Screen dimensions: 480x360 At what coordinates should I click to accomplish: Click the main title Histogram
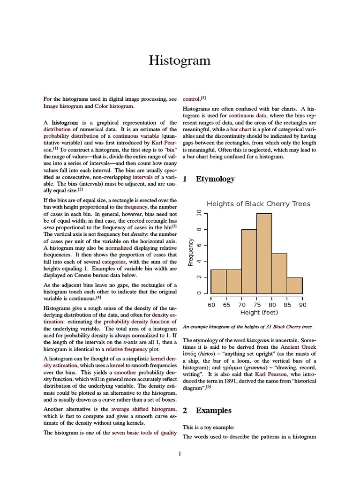(x=180, y=61)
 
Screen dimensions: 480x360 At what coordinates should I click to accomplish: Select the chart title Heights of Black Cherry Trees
(x=258, y=204)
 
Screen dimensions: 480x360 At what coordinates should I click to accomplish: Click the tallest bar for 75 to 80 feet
(x=264, y=253)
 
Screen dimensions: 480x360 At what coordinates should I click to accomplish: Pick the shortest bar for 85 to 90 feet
(x=294, y=285)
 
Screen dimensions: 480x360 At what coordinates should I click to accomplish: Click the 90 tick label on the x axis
(x=302, y=304)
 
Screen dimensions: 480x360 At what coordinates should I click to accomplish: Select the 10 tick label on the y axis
(x=199, y=214)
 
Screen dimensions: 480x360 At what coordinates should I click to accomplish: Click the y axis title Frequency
(x=191, y=253)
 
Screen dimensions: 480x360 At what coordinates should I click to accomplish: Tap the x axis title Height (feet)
(x=259, y=313)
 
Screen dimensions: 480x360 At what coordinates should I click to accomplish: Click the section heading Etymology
(x=215, y=179)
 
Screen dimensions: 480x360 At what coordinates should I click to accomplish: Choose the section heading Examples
(x=213, y=410)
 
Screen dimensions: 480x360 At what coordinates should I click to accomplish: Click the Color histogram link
(x=114, y=106)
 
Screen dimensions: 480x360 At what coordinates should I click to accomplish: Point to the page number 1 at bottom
(x=180, y=453)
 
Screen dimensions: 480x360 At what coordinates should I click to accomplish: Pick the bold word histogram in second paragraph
(x=65, y=122)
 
